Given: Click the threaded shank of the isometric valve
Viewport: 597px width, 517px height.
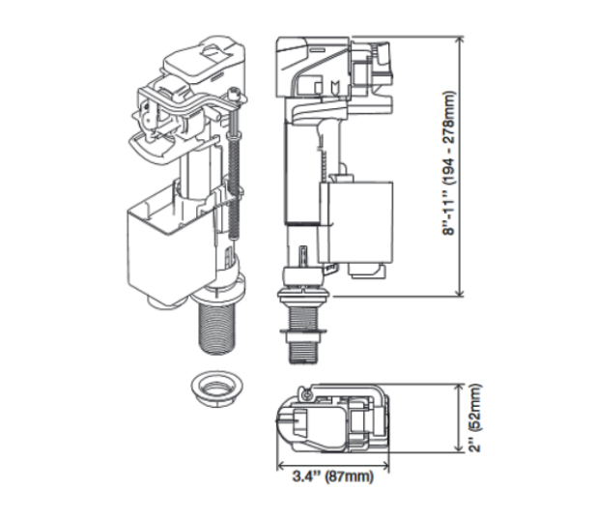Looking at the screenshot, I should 218,329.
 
